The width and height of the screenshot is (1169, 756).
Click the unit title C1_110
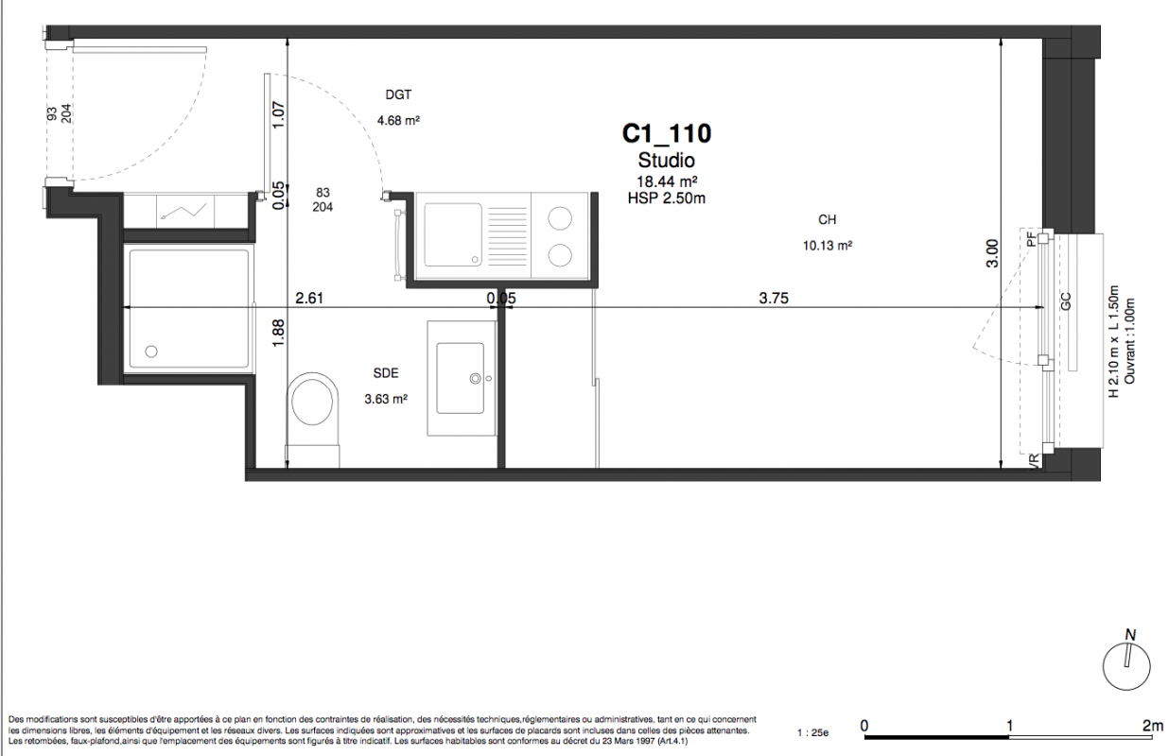point(667,133)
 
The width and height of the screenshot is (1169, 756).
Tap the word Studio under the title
point(667,160)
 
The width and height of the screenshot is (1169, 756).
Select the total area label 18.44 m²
point(667,181)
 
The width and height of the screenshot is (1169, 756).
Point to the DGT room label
point(398,94)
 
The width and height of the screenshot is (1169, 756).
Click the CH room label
point(828,219)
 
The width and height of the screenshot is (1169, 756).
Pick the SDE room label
point(386,372)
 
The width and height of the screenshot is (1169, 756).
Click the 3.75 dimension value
point(774,298)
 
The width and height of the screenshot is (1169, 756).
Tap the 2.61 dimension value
point(309,298)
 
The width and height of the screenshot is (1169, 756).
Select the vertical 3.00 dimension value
point(991,253)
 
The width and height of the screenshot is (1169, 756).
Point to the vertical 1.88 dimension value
point(278,334)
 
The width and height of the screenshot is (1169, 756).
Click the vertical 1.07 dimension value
point(279,115)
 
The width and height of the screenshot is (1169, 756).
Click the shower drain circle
point(151,352)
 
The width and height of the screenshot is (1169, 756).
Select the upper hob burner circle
point(560,218)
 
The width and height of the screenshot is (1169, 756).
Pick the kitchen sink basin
point(453,234)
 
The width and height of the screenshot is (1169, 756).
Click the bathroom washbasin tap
point(476,379)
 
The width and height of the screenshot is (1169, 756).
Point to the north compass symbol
point(1126,666)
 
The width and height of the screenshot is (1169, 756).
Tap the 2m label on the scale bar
point(1152,725)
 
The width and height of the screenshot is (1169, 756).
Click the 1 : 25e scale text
point(812,733)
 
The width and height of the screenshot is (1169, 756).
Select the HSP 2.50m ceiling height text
point(667,198)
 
